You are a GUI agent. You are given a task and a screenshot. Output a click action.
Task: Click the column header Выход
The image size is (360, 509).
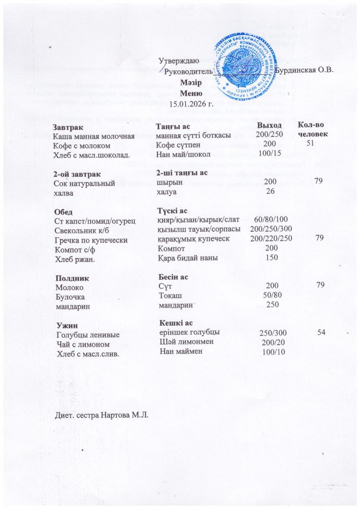point(269,125)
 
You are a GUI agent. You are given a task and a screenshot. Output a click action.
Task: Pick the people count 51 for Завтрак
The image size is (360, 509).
point(315,144)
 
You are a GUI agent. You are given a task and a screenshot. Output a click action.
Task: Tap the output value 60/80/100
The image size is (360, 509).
point(270,219)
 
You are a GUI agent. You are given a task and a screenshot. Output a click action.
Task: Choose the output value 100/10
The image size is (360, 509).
point(272,352)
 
